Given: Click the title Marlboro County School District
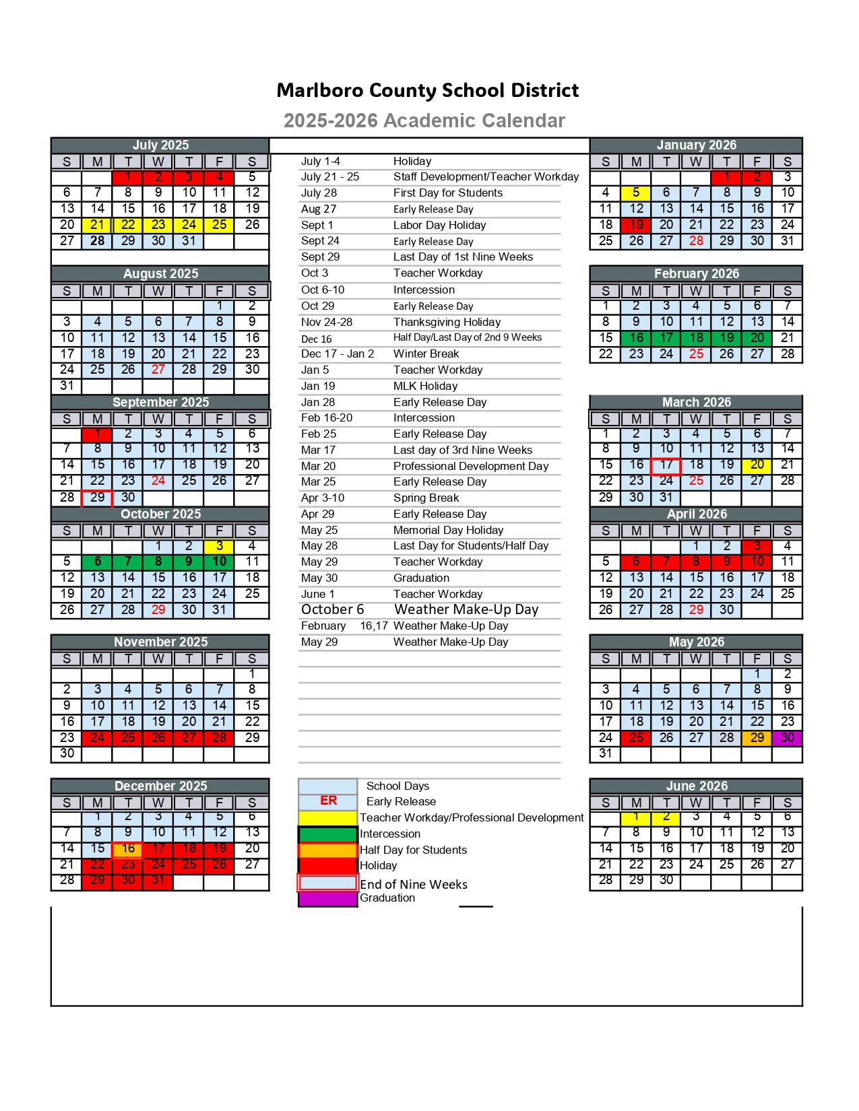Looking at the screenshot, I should click(x=428, y=90).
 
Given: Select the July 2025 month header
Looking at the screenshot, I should click(x=160, y=145).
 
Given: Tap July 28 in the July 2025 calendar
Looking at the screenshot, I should click(x=98, y=240).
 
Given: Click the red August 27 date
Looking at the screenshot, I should click(x=158, y=369).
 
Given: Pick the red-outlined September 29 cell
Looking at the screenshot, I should click(x=98, y=498).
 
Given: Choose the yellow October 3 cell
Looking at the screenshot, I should click(x=220, y=546).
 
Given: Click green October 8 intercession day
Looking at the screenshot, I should click(x=158, y=562).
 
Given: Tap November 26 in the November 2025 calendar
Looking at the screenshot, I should click(x=158, y=737).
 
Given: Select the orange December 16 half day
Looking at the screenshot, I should click(x=128, y=848).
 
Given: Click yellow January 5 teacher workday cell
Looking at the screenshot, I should click(x=636, y=193).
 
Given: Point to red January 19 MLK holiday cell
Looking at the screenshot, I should click(x=636, y=225).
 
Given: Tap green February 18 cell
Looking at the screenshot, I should click(x=697, y=337).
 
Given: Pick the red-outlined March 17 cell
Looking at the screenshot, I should click(x=666, y=465).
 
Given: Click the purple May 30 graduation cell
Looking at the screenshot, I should click(x=788, y=737).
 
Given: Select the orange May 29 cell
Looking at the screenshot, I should click(x=757, y=737).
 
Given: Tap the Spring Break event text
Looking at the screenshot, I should click(x=426, y=498).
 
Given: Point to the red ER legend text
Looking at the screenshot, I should click(x=328, y=801).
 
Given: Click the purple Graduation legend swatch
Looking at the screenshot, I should click(x=328, y=898).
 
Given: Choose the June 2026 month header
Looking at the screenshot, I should click(x=697, y=786).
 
